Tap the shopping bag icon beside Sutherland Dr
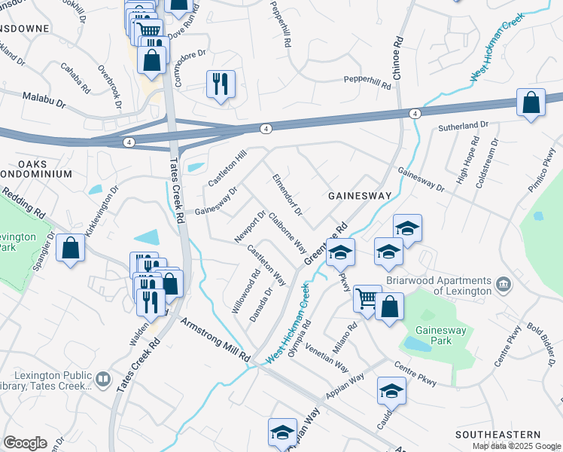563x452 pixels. coord(531,103)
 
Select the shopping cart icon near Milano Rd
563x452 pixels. coord(368,298)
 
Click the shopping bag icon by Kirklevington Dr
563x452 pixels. coord(71,249)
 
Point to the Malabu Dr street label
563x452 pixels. coord(44,99)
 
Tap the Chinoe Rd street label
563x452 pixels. coord(397,58)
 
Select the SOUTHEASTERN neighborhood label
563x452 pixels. coord(498,435)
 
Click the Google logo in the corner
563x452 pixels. coord(25,443)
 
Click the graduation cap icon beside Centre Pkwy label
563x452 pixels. coord(391,391)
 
